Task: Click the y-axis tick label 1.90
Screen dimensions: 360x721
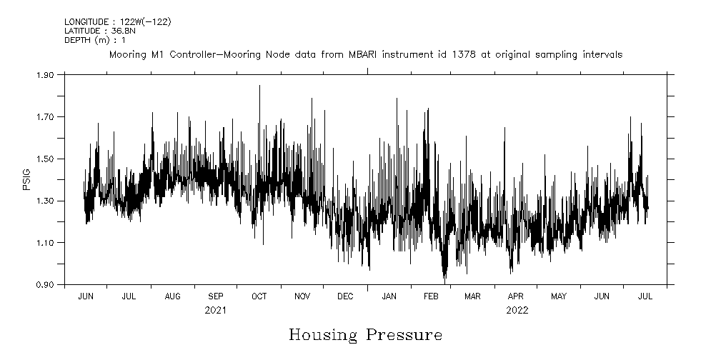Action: (45, 74)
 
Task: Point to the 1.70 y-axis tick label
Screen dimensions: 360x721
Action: (45, 116)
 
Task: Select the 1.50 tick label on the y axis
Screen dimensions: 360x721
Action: (45, 159)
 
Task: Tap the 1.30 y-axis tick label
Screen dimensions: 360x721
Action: (45, 201)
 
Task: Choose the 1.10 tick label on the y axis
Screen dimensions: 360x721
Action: (45, 243)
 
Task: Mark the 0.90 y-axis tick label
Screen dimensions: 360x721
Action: (45, 285)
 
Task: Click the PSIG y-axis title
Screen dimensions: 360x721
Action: (26, 179)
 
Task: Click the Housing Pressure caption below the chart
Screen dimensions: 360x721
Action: (365, 335)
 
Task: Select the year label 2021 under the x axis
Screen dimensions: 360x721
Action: (215, 310)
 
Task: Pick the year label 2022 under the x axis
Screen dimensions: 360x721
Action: (517, 310)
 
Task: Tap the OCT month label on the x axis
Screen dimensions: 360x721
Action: (259, 296)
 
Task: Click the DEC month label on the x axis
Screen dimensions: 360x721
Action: (345, 296)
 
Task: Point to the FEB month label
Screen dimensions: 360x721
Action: (431, 296)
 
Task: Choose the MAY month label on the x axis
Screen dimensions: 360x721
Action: (559, 296)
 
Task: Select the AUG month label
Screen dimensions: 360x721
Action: (172, 296)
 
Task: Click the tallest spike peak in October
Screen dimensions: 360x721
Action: (259, 86)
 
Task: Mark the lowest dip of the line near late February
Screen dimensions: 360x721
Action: (444, 282)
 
